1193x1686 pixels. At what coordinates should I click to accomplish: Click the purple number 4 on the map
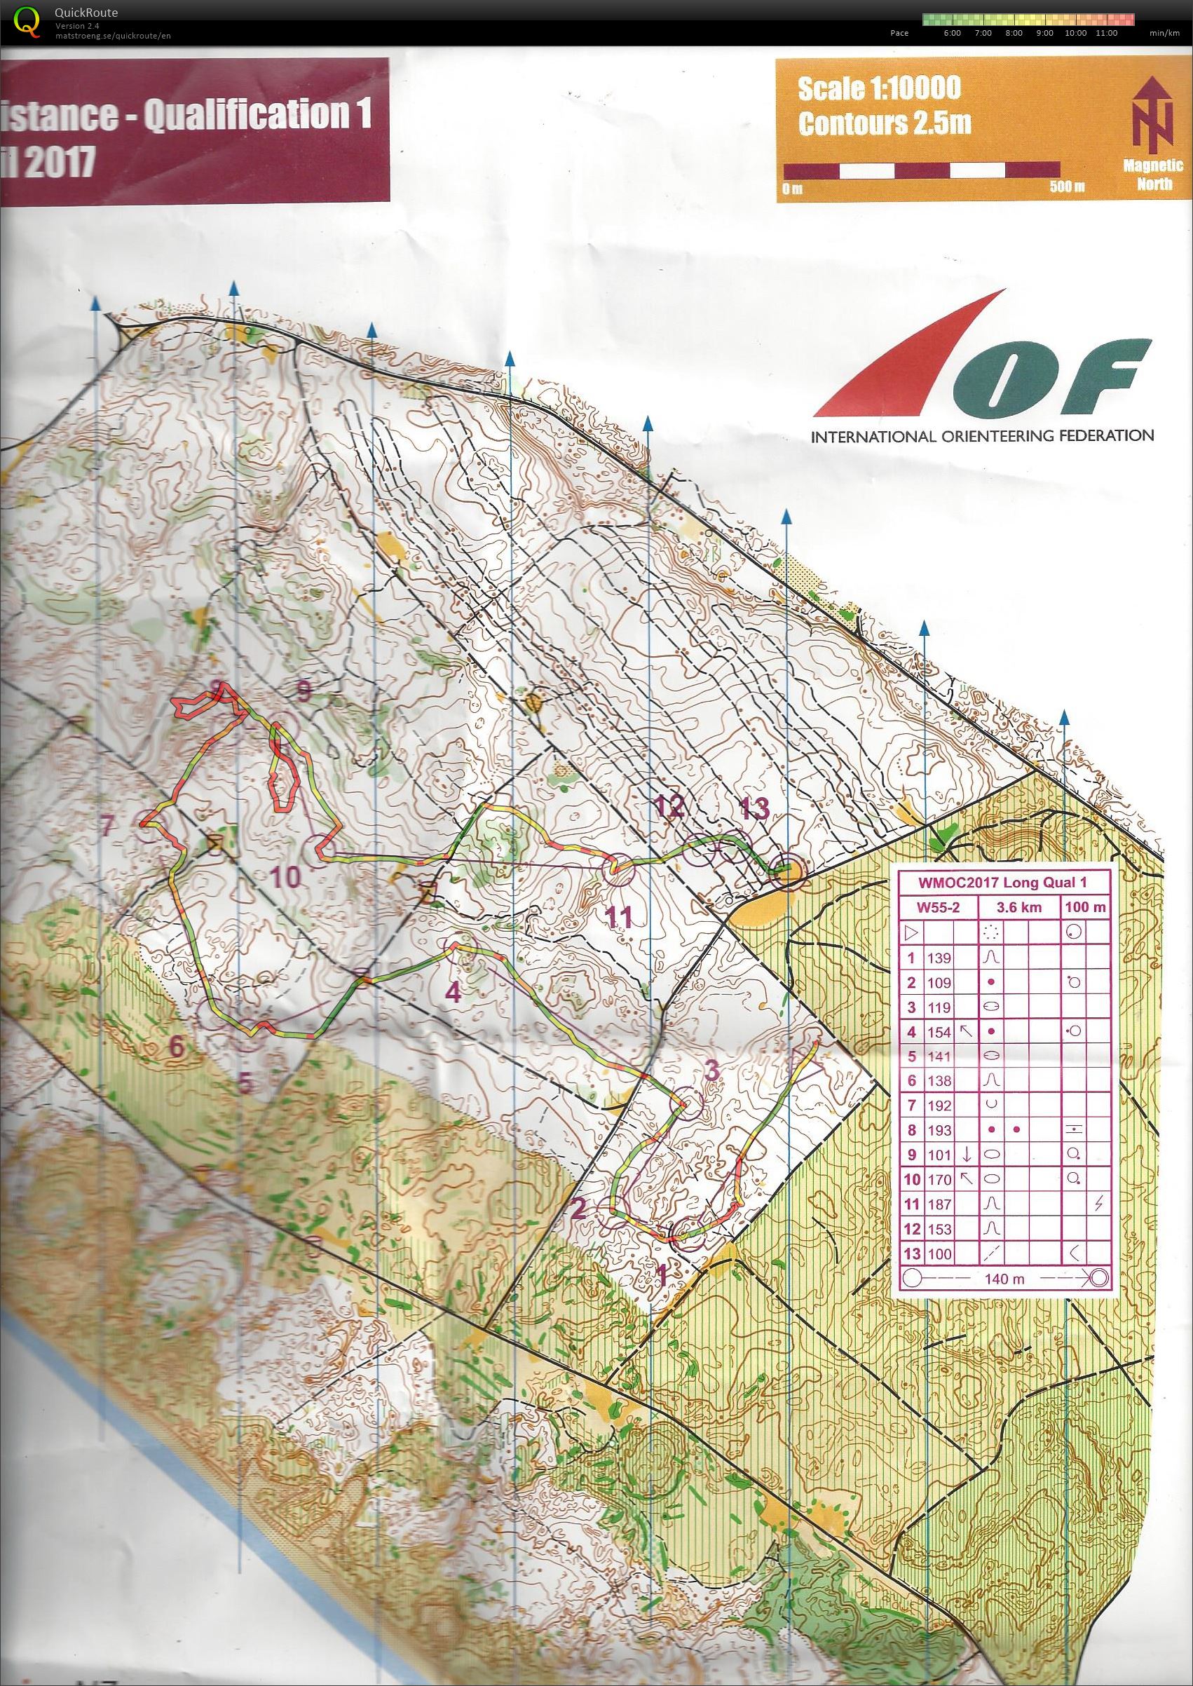454,993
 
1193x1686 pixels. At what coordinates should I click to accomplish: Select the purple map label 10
285,876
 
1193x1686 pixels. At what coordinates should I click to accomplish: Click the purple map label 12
671,807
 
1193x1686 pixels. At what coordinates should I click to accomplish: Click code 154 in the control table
939,1031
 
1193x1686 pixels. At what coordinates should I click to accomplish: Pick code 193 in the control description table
939,1130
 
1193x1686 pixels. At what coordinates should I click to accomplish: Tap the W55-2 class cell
938,907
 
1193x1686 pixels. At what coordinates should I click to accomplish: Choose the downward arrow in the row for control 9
967,1154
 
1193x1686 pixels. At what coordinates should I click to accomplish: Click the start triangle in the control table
911,933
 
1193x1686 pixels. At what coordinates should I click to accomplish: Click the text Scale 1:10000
879,89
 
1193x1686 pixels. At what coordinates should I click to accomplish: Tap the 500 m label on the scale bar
1067,186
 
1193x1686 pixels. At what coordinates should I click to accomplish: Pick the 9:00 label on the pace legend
1044,33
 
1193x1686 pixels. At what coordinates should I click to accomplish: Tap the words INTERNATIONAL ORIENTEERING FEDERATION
981,435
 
